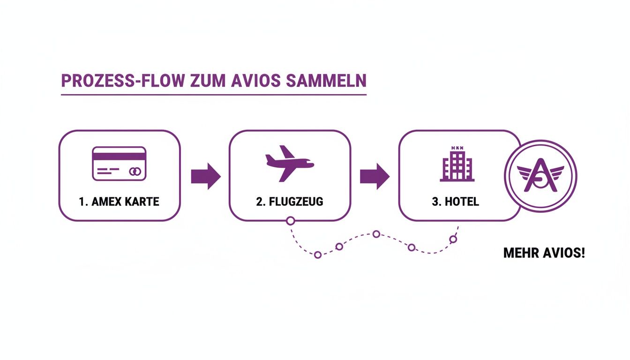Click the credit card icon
119,163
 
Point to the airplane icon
289,163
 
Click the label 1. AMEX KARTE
119,202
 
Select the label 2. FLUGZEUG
290,202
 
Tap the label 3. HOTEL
455,202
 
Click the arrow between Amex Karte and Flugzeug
205,176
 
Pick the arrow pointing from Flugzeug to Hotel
374,176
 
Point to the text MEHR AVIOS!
544,254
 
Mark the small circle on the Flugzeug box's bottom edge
290,220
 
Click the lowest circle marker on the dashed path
318,255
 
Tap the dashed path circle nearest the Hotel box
453,239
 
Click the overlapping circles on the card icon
135,172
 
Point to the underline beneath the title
213,95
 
